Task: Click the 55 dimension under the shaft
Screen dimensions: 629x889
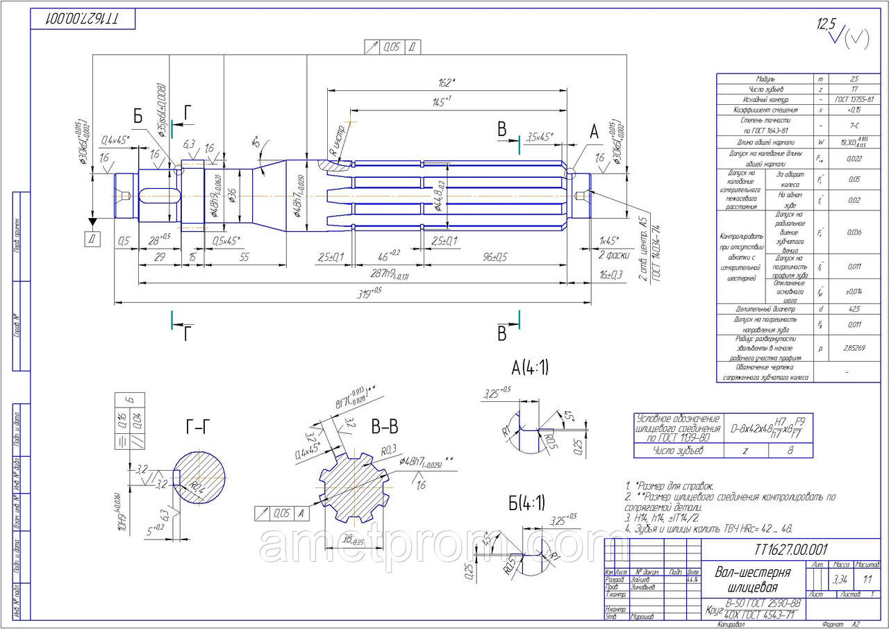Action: click(244, 256)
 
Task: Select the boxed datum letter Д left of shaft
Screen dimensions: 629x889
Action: click(92, 240)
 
